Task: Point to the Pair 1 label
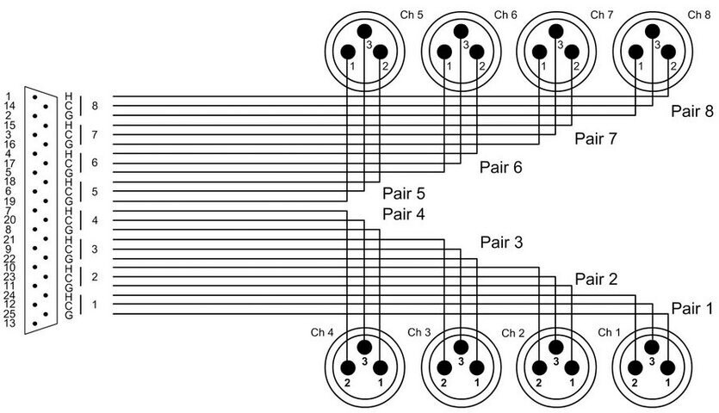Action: [692, 308]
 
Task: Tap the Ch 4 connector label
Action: [322, 332]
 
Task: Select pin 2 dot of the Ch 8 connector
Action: [668, 52]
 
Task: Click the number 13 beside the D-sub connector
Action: [9, 323]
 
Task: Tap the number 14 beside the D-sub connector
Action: [9, 106]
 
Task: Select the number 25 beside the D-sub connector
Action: [9, 313]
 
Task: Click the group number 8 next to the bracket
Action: [95, 106]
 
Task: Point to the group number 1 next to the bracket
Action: [95, 305]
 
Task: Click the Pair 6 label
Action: [501, 167]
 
